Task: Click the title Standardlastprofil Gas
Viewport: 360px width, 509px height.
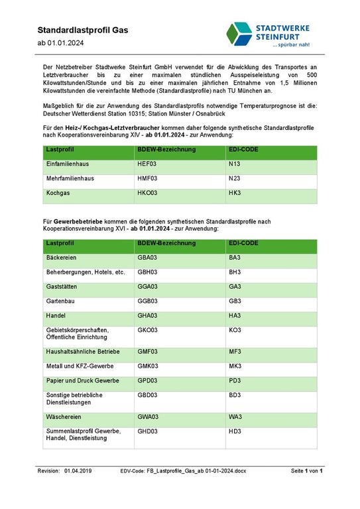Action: [x=83, y=30]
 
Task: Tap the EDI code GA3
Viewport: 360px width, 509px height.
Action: [x=235, y=287]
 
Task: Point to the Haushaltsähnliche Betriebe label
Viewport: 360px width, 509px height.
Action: [x=82, y=351]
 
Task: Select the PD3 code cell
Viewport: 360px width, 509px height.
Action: [x=235, y=380]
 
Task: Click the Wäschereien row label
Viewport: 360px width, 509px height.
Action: [x=65, y=417]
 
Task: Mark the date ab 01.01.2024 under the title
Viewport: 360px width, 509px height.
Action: [x=60, y=43]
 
